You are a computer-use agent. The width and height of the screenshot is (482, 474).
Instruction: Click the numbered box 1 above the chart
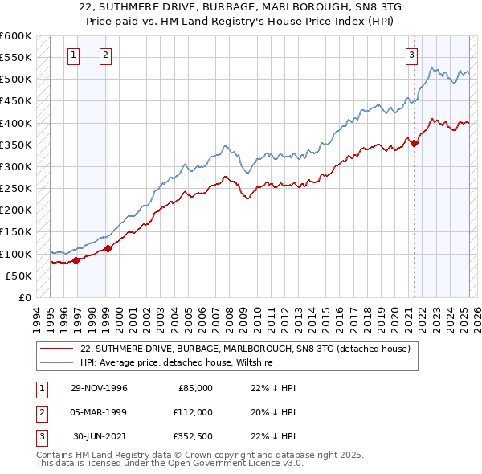click(73, 55)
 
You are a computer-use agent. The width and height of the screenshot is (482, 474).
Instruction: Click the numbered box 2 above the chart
click(105, 55)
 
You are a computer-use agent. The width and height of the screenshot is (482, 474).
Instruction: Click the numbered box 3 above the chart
click(411, 55)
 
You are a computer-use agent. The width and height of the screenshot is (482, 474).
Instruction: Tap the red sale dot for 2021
click(415, 144)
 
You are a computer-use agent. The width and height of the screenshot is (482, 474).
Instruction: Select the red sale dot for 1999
click(108, 248)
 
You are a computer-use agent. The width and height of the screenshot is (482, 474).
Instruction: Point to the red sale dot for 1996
click(76, 260)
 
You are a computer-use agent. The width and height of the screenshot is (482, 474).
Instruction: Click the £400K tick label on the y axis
click(16, 123)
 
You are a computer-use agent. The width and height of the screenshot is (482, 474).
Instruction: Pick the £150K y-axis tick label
click(16, 232)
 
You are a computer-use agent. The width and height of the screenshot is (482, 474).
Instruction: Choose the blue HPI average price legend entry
click(177, 363)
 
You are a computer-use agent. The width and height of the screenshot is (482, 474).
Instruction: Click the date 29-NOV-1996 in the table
click(100, 388)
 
